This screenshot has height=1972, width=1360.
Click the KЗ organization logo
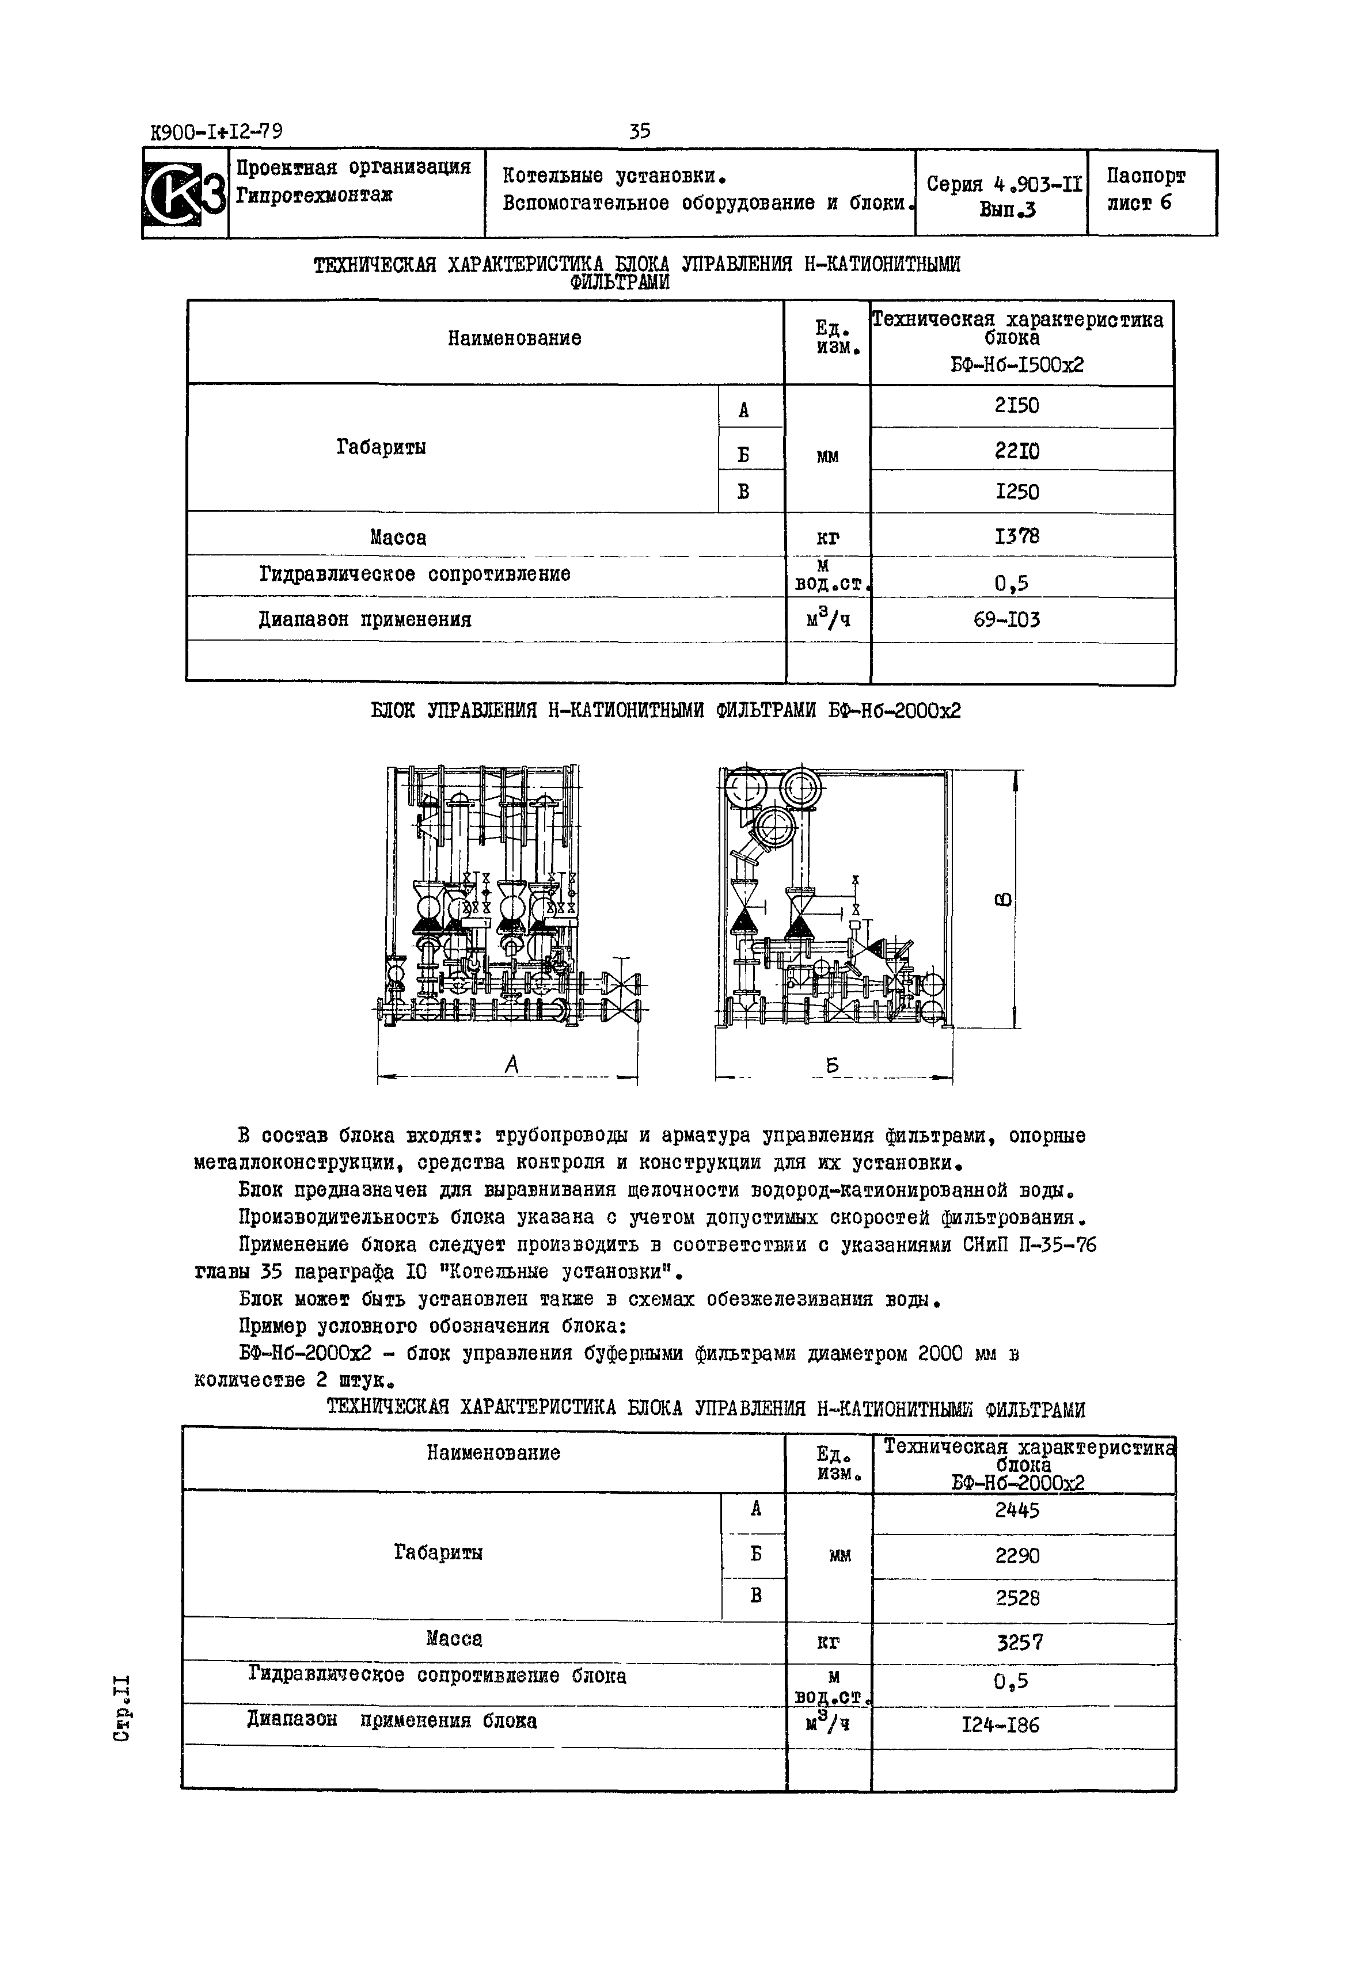185,193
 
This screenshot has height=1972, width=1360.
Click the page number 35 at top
639,131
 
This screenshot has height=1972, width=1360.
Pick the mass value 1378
1017,536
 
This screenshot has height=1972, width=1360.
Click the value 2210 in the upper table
1017,451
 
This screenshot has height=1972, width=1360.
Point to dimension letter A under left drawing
511,1063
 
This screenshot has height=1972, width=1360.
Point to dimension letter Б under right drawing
833,1065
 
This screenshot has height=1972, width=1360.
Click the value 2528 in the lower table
1017,1598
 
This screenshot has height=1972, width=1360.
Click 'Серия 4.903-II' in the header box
1004,183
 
